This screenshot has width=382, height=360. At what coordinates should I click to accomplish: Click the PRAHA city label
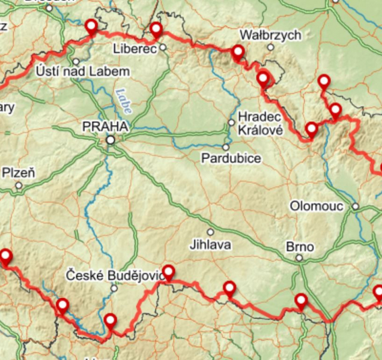pos(105,127)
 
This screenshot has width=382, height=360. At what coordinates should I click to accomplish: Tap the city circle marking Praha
pos(111,140)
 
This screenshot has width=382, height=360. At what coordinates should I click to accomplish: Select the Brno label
pos(300,247)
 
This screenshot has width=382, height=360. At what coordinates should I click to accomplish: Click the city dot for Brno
pos(299,259)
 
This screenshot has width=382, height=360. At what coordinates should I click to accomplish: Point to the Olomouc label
pos(317,206)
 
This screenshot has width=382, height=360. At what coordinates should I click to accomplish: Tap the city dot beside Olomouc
pos(356,206)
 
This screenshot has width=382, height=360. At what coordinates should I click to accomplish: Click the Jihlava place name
pos(210,245)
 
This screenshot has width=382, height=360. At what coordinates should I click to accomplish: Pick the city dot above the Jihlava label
pos(211,232)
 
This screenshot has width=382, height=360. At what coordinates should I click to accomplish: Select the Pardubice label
pos(231,158)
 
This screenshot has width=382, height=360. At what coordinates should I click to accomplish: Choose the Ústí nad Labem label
pos(83,72)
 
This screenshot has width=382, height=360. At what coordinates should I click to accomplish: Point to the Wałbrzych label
pos(270,35)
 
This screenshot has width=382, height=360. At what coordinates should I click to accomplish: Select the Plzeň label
pos(19,173)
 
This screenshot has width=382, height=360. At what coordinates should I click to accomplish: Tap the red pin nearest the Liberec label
pos(156,29)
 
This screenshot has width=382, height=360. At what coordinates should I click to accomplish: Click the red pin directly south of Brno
pos(301,300)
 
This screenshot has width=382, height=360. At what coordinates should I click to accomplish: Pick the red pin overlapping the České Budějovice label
pos(168,272)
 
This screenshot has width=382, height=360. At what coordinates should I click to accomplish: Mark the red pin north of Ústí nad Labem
pos(91,26)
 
